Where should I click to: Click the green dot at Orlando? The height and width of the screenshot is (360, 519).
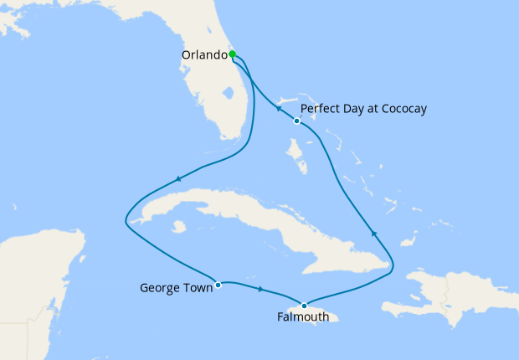pos(232,54)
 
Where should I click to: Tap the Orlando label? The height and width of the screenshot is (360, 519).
pos(204,55)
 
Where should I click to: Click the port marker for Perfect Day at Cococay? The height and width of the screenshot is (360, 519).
pos(297,121)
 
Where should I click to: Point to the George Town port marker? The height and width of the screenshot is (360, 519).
pos(218,284)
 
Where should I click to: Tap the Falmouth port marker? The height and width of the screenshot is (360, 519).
pos(304,305)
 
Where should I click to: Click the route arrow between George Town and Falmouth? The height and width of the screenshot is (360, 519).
pos(261,290)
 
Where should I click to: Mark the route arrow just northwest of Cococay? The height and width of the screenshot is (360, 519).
pos(278,108)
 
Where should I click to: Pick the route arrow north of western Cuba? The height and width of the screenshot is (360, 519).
pos(177,178)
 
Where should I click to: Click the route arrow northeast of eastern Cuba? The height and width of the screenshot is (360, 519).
pos(373,234)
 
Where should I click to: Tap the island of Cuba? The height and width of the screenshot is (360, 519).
pos(251,213)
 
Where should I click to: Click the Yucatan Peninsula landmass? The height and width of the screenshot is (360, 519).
pos(42,268)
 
